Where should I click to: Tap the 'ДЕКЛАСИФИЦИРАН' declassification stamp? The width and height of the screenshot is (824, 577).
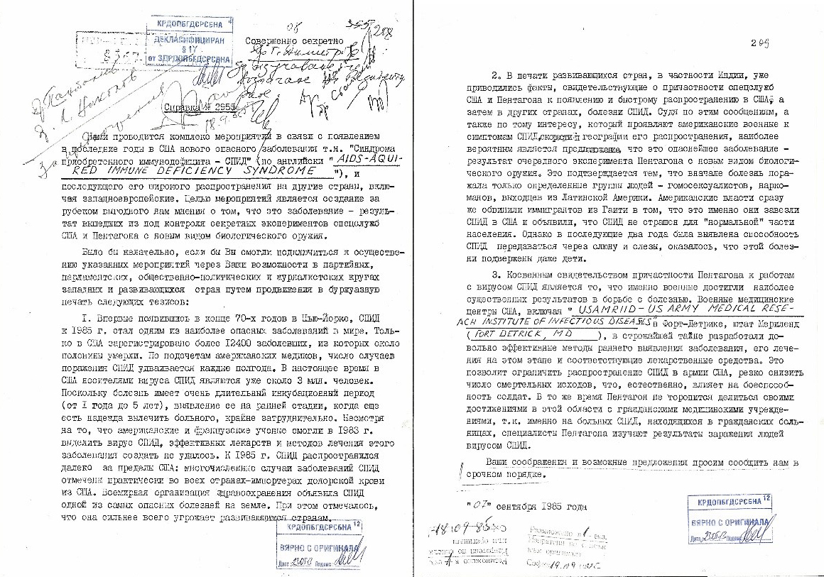[x=190, y=40]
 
